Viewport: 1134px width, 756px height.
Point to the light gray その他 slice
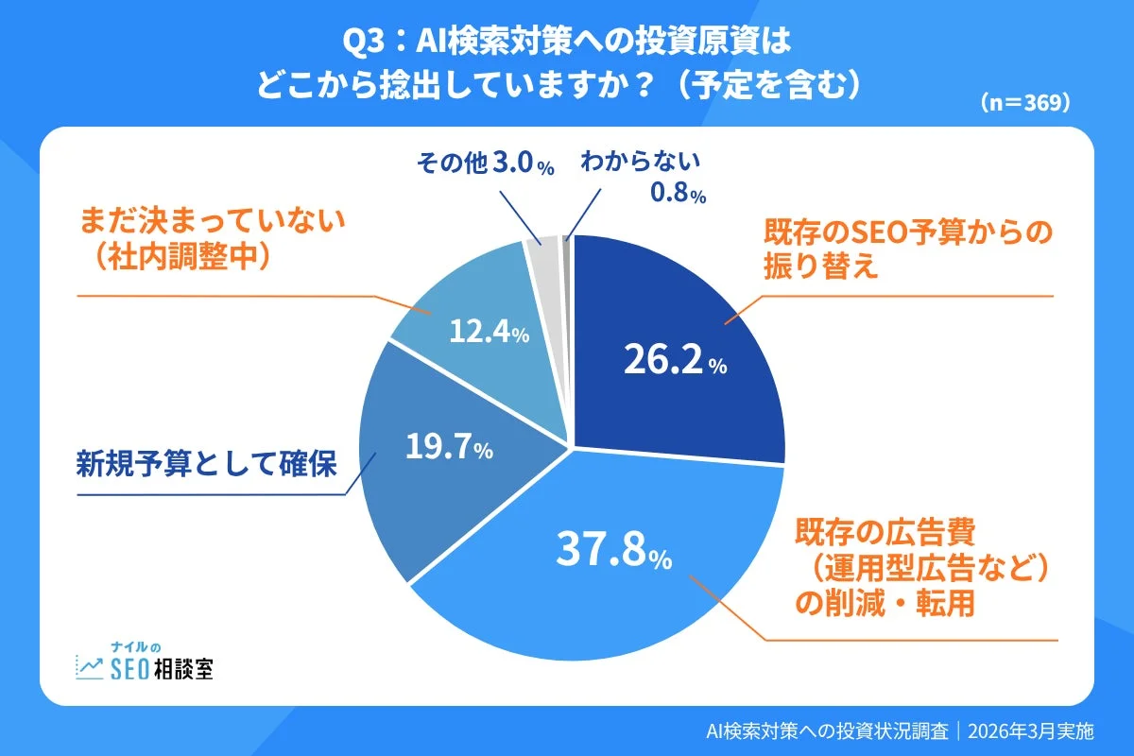(x=547, y=255)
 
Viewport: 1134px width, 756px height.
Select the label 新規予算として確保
(x=205, y=464)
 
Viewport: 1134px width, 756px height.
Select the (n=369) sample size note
(x=1024, y=101)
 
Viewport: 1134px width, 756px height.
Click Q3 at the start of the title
(x=363, y=44)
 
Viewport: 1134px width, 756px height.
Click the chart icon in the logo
(x=90, y=667)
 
